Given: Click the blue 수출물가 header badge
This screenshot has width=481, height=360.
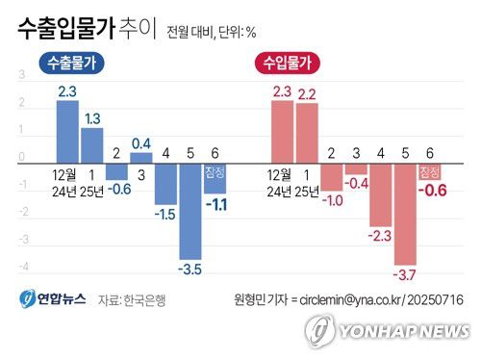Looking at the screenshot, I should (x=72, y=64).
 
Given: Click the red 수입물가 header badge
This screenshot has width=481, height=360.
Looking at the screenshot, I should (x=288, y=64).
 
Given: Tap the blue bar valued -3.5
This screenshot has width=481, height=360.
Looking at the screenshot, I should (x=190, y=212).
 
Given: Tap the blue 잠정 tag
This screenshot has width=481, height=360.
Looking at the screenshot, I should (x=215, y=173).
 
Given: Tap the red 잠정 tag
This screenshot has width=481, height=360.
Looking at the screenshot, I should (x=429, y=172).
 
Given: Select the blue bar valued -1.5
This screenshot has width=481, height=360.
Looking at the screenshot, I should (x=165, y=184).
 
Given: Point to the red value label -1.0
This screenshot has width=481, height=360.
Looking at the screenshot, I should (x=332, y=200).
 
